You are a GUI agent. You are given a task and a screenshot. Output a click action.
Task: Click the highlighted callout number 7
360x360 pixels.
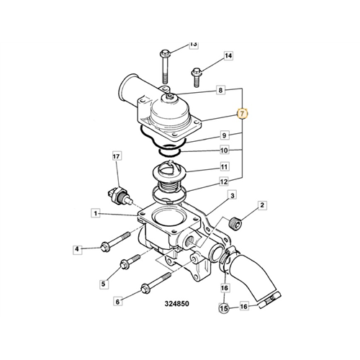coord(242,114)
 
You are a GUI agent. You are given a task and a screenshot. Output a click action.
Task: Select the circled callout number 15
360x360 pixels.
coord(224,307)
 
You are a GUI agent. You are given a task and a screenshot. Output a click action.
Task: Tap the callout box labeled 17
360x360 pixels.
coord(116,156)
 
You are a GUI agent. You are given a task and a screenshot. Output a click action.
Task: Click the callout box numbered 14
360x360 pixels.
coord(228,56)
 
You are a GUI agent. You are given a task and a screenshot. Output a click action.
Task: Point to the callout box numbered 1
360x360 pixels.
coord(96,213)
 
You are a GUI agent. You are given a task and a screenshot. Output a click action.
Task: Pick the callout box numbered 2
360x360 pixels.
coord(262,205)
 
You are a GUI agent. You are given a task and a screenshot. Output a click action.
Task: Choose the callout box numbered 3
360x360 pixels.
coord(232,196)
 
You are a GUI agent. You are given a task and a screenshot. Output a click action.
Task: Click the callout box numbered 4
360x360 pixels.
coord(77,249)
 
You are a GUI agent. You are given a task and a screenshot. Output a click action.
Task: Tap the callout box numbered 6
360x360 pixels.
coord(117,302)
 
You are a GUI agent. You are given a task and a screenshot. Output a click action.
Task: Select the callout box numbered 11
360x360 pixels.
coord(224,166)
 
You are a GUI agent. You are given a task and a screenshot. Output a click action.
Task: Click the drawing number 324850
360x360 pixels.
coord(177,304)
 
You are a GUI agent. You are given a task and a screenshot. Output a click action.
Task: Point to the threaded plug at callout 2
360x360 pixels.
coord(235,223)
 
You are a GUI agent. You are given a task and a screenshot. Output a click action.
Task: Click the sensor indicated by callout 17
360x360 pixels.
coord(119,195)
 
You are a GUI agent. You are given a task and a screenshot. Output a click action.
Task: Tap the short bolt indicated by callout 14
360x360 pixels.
coord(197,77)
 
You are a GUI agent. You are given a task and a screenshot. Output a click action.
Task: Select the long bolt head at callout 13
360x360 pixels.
coord(165,53)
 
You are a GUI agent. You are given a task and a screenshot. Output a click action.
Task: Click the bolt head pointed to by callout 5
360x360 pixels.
coord(124,264)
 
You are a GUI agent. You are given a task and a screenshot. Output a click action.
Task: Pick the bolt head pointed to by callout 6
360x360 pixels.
coord(145,288)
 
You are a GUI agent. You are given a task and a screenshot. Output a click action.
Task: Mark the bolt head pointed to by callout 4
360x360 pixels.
coord(104,247)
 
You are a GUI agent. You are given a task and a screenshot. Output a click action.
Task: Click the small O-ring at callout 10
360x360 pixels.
coord(170,152)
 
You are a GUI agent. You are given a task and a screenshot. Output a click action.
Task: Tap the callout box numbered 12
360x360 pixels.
coord(224,181)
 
